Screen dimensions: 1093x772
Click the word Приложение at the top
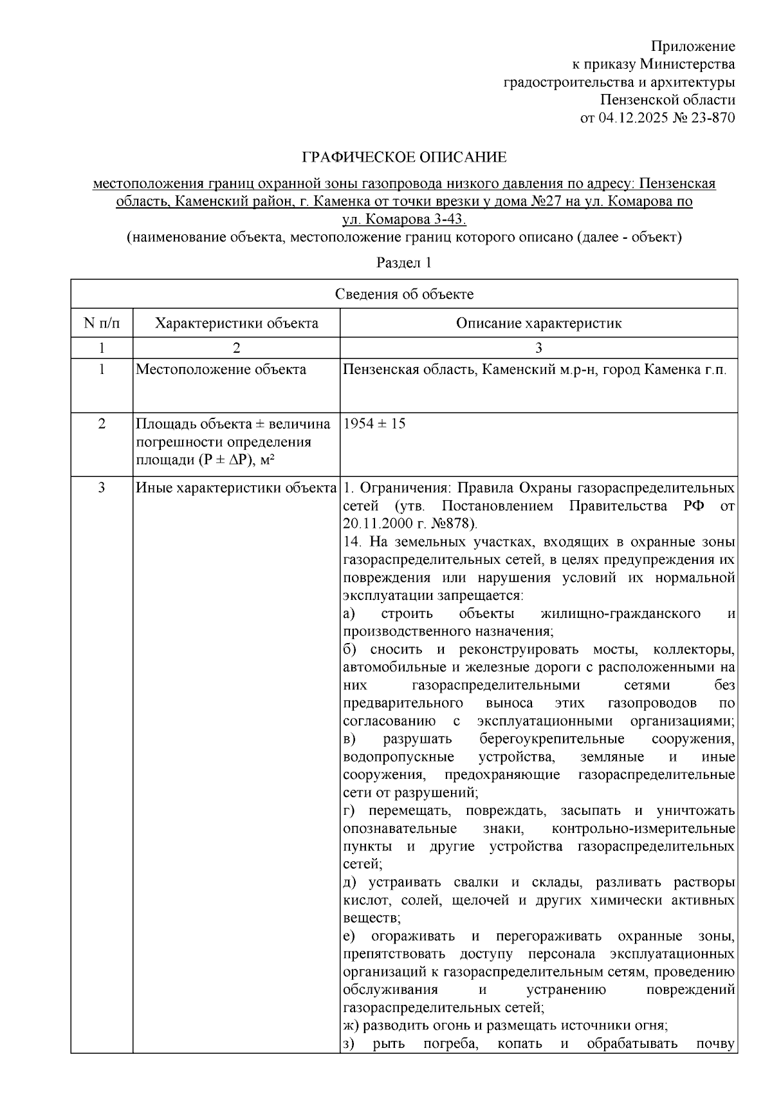point(692,46)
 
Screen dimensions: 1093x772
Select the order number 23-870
point(713,118)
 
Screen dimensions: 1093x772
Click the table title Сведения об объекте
point(404,294)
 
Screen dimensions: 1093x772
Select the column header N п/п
point(101,322)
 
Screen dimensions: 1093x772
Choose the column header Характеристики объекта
point(236,322)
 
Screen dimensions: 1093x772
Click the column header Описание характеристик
point(538,322)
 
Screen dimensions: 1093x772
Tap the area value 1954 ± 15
point(374,424)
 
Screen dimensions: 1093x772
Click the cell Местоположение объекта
point(221,369)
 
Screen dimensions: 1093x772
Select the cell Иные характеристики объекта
point(236,487)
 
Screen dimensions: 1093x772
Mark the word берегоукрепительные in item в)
point(552,738)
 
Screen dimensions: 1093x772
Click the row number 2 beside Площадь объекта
point(101,424)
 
